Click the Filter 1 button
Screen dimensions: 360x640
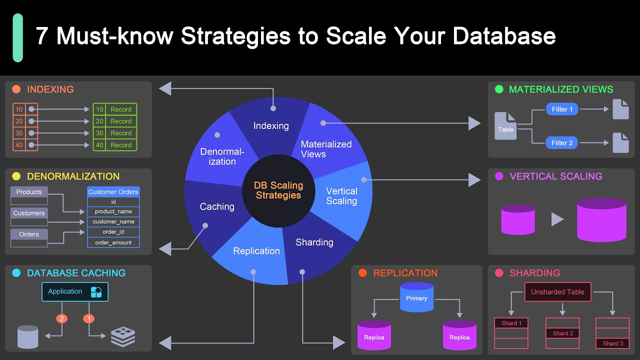click(x=562, y=109)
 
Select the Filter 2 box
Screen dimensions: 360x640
click(x=562, y=143)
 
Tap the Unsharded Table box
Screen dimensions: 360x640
click(x=557, y=292)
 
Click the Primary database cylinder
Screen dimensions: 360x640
click(x=416, y=298)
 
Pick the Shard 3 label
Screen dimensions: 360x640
click(x=612, y=343)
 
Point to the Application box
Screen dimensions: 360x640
click(x=74, y=291)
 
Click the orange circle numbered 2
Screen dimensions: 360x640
click(x=61, y=318)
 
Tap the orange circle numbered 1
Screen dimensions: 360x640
click(x=89, y=318)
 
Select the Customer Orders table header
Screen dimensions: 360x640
click(x=113, y=191)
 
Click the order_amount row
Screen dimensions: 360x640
click(x=113, y=242)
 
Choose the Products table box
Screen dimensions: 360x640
click(x=29, y=192)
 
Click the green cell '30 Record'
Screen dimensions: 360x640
click(x=115, y=133)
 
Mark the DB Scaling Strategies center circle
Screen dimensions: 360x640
click(x=278, y=190)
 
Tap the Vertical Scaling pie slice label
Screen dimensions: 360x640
click(x=341, y=196)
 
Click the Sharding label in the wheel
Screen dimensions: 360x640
click(x=314, y=242)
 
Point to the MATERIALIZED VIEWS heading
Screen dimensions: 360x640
click(x=560, y=89)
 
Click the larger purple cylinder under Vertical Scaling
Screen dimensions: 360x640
click(x=601, y=220)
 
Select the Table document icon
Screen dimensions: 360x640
click(x=505, y=126)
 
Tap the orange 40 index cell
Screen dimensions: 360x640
click(x=19, y=145)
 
